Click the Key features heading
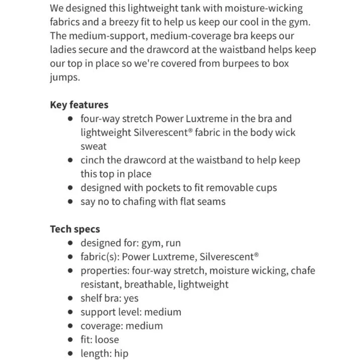click(x=79, y=105)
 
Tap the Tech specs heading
click(x=75, y=229)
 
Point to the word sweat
click(x=94, y=146)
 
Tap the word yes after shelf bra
click(x=131, y=298)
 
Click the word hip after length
click(x=121, y=353)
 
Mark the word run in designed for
click(x=172, y=243)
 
